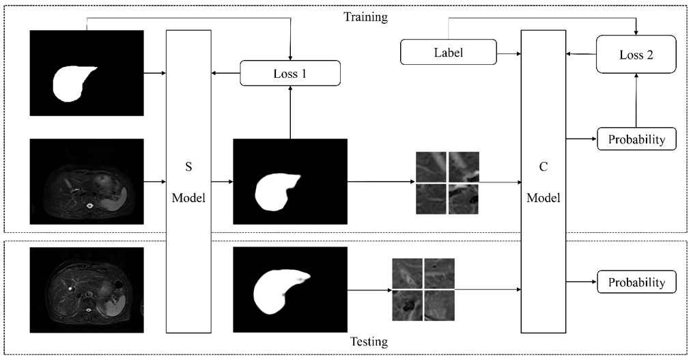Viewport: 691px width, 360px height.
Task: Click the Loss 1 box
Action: [290, 73]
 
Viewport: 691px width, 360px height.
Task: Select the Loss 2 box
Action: [636, 55]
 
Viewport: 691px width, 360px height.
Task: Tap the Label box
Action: [448, 53]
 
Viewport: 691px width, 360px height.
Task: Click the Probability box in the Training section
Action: [636, 139]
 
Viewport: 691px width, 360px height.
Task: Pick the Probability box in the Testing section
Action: [636, 282]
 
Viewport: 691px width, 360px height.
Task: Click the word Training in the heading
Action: [365, 17]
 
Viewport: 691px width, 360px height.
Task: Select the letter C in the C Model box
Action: [543, 165]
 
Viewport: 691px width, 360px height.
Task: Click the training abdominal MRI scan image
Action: [87, 182]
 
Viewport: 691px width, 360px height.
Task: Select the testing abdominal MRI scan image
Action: [87, 290]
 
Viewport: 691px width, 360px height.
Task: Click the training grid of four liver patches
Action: [447, 182]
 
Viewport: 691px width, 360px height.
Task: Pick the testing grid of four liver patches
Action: [423, 290]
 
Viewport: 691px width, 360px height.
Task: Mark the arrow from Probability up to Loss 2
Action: [636, 100]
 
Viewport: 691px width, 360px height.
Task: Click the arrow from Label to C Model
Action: [509, 53]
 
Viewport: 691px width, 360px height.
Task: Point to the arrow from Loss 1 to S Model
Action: [225, 73]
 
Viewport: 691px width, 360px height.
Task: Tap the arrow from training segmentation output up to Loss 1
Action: [290, 112]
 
